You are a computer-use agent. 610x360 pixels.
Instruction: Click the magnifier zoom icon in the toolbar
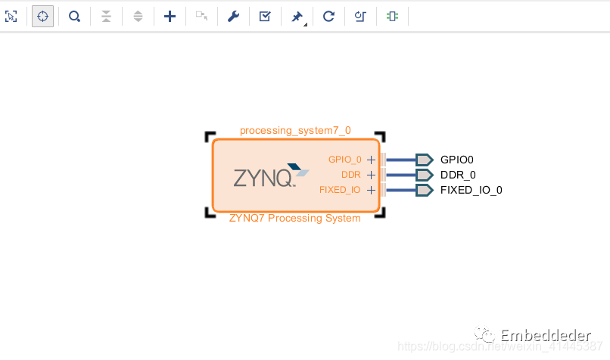coord(74,16)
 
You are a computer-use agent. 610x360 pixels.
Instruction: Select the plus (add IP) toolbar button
coord(170,16)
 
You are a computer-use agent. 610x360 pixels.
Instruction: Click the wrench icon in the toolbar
coord(233,16)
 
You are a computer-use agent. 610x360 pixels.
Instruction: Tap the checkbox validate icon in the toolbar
coord(265,16)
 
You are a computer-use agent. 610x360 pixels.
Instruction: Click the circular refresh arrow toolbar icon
coord(328,16)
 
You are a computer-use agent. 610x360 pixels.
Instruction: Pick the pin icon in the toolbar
coord(297,16)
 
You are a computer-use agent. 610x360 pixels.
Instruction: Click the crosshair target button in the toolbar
coord(42,16)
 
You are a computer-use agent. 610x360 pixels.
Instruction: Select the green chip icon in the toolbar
coord(391,16)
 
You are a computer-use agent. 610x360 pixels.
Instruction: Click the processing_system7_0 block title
coord(295,130)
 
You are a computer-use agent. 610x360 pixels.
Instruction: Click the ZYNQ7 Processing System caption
coord(295,219)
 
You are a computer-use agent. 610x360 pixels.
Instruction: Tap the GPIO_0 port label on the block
coord(344,160)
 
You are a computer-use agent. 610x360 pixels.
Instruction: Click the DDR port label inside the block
coord(351,175)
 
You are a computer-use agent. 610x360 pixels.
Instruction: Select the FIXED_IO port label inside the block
coord(340,190)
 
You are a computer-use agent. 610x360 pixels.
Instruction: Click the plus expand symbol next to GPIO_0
coord(371,160)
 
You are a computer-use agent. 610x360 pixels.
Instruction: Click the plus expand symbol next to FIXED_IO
coord(371,190)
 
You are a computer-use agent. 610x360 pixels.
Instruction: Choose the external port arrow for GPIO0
coord(424,160)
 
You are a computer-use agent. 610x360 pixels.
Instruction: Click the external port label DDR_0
coord(458,175)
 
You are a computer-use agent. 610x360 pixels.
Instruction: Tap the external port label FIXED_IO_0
coord(471,190)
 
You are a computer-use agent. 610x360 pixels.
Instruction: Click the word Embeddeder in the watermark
coord(546,335)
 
